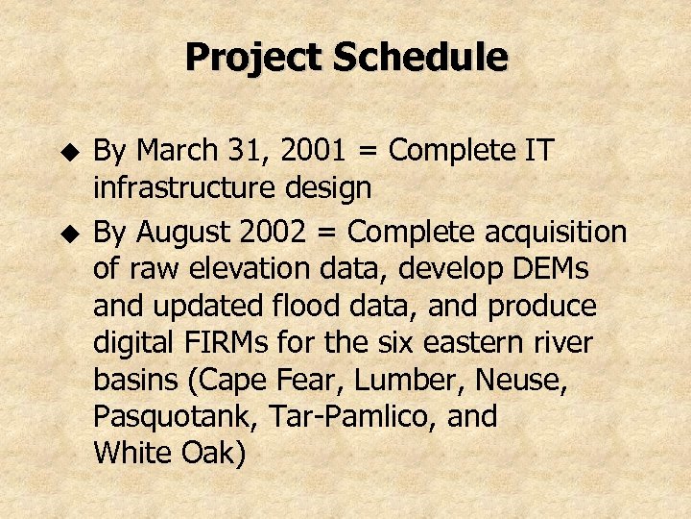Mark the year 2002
(x=283, y=232)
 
